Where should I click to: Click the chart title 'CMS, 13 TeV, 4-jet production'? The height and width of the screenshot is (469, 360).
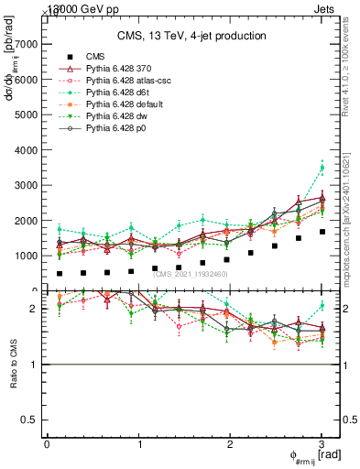click(191, 36)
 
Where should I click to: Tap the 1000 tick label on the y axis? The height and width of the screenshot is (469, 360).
click(26, 256)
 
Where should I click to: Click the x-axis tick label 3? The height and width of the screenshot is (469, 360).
click(322, 444)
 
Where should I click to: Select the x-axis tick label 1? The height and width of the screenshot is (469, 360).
click(138, 444)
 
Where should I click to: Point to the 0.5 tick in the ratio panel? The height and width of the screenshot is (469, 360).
click(31, 420)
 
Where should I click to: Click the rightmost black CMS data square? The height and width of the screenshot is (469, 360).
click(322, 232)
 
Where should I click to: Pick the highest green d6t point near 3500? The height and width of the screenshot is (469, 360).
click(322, 168)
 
